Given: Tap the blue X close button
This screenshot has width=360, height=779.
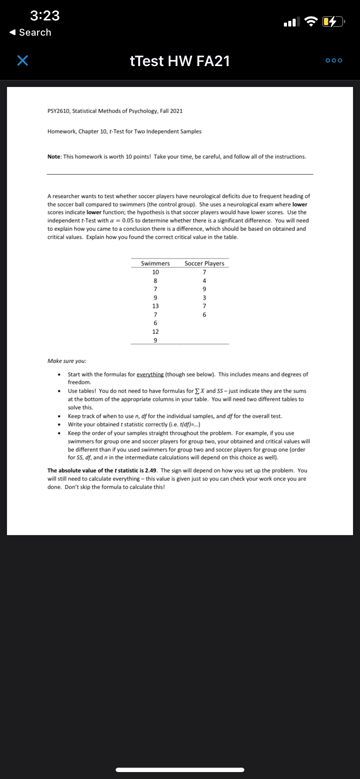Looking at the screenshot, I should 23,61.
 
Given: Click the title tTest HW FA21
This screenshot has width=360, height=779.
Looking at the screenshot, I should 180,61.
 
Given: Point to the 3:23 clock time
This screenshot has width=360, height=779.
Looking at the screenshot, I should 45,16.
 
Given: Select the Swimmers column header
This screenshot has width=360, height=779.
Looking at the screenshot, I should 155,263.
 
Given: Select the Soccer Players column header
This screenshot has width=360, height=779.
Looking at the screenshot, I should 204,263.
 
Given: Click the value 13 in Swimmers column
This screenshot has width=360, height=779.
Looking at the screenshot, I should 155,306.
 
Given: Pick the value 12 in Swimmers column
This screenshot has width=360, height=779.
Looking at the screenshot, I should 155,332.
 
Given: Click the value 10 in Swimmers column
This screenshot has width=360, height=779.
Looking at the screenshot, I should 155,272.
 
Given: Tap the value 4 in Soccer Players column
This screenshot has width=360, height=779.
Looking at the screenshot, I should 204,280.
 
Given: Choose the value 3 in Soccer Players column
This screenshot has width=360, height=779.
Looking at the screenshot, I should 204,298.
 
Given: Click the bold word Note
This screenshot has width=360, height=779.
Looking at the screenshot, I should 54,156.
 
